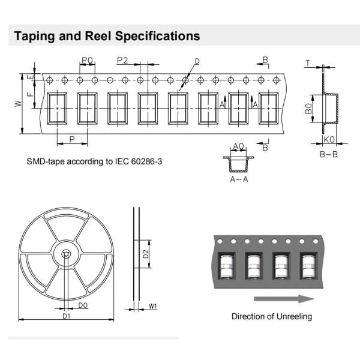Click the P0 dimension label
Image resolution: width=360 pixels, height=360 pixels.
(87, 60)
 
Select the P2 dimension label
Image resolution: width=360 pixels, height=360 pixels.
(123, 60)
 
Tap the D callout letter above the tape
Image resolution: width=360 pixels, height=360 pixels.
(197, 61)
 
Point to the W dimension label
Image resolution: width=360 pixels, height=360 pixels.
(18, 103)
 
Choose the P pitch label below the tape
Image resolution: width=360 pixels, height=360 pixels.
(72, 139)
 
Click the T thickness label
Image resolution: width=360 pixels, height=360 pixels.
(308, 63)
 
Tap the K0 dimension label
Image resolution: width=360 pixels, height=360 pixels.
(329, 139)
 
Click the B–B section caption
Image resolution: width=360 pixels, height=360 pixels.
(329, 154)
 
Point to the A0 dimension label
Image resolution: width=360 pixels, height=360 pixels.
(238, 146)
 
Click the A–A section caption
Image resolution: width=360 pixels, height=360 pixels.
(239, 179)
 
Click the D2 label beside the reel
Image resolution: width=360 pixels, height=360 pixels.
(146, 253)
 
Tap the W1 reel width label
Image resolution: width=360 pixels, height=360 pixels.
(152, 307)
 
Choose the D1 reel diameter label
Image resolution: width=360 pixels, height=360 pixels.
(67, 316)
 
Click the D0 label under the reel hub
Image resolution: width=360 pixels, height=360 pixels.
(83, 306)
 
